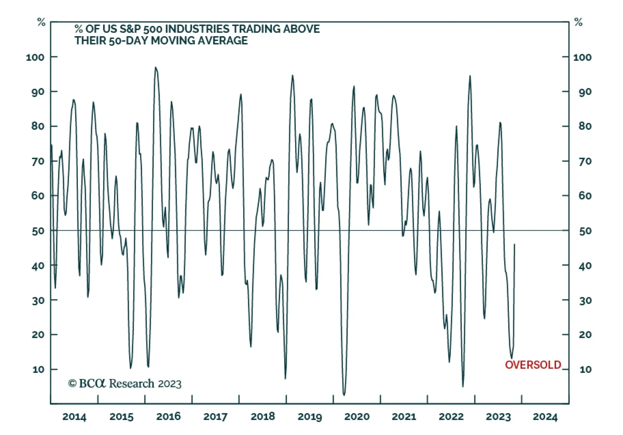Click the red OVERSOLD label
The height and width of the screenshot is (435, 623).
[x=533, y=365]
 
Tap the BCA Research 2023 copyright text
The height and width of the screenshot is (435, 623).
[x=125, y=384]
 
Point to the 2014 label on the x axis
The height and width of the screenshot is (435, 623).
[x=74, y=417]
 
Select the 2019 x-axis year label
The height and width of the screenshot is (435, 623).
[x=310, y=417]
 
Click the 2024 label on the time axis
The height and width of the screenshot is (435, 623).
[x=545, y=417]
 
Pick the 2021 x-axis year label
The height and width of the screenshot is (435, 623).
[x=404, y=417]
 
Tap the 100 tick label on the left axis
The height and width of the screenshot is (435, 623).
[x=35, y=57]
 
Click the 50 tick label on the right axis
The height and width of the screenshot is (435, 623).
[x=585, y=231]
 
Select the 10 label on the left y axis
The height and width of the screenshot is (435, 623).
[x=38, y=369]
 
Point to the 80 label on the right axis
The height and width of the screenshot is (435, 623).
[x=585, y=126]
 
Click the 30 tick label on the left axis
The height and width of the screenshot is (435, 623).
[x=38, y=300]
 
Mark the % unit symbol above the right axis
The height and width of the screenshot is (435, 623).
[x=579, y=23]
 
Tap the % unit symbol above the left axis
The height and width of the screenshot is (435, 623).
[x=41, y=23]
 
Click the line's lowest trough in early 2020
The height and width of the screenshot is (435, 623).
[x=344, y=395]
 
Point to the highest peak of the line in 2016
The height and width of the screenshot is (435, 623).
[x=155, y=67]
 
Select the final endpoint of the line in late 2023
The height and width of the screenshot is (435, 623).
[x=514, y=244]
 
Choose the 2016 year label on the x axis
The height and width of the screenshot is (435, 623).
[x=168, y=417]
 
